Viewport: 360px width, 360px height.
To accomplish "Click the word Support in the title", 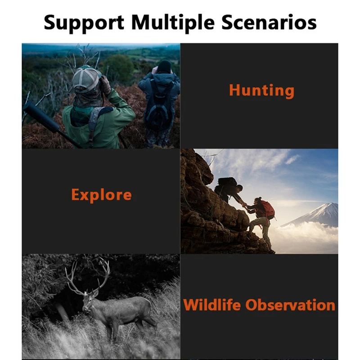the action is click(84, 23).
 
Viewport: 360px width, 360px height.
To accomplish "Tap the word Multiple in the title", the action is click(173, 23).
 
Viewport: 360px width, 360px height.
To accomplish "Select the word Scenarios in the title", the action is click(269, 22).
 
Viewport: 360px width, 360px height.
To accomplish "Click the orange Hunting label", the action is click(261, 91).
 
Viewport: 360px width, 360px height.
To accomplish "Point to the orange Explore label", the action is click(102, 195).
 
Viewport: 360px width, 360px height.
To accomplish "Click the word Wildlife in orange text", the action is click(211, 305).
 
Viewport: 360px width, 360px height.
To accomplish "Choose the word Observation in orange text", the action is click(290, 305).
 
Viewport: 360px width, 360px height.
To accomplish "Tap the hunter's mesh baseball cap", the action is click(86, 78).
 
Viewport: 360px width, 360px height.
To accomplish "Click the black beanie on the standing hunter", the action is click(164, 67).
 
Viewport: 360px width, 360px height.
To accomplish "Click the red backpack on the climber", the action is click(268, 210).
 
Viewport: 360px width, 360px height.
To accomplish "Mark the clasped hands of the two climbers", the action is click(245, 205).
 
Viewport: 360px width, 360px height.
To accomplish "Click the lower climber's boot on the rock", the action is click(271, 251).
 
